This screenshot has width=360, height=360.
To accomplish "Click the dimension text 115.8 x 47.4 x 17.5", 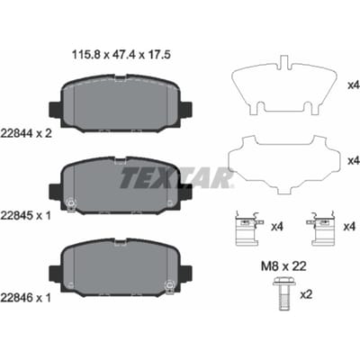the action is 121,55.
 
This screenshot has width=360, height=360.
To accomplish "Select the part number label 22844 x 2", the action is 26,133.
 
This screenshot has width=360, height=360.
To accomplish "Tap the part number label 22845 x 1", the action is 26,215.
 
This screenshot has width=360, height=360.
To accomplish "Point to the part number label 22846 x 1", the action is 26,298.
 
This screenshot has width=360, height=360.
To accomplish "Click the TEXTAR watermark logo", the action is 176,177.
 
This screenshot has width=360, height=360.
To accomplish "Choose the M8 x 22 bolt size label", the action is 283,266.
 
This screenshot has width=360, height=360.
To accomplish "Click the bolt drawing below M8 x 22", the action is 284,294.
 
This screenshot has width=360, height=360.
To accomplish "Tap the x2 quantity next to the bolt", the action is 306,294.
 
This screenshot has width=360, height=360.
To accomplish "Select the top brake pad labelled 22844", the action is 121,103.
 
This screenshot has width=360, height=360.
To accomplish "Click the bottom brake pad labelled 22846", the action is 121,267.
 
